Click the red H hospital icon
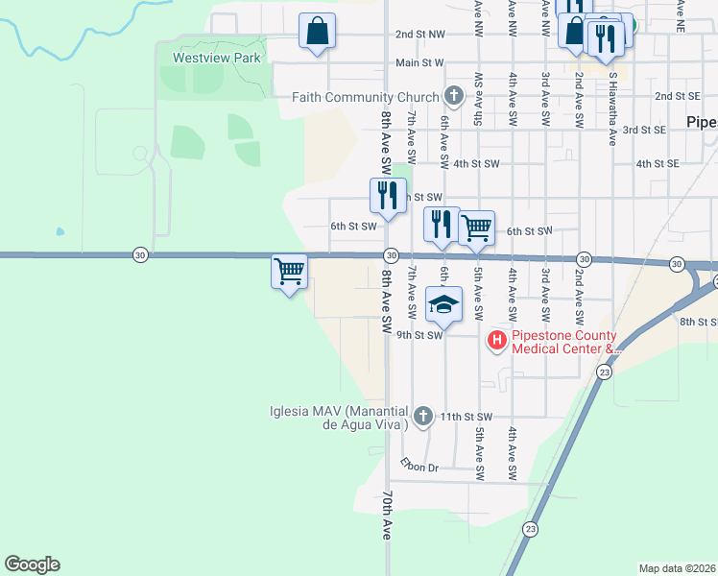click(497, 340)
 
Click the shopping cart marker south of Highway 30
click(290, 273)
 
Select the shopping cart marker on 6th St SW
click(476, 228)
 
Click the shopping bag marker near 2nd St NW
click(317, 31)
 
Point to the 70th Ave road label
click(388, 516)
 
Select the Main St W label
click(419, 63)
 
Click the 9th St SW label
click(419, 336)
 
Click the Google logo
click(32, 564)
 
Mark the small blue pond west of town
click(60, 231)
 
